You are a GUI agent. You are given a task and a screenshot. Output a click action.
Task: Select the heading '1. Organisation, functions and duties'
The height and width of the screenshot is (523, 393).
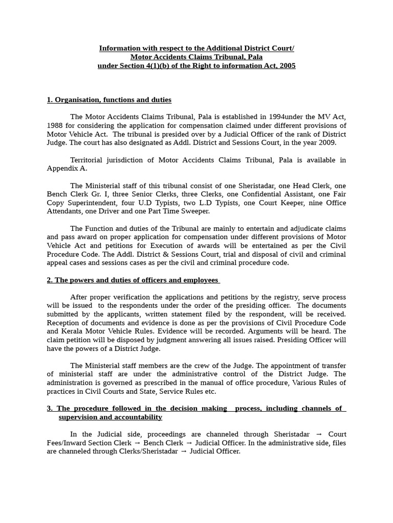109,100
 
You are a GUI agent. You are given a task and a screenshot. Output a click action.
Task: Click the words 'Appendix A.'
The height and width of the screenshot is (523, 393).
67,169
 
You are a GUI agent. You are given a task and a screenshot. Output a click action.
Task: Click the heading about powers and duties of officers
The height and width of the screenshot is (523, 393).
133,280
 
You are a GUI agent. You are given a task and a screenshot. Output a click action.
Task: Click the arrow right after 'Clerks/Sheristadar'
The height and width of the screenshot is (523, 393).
184,451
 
